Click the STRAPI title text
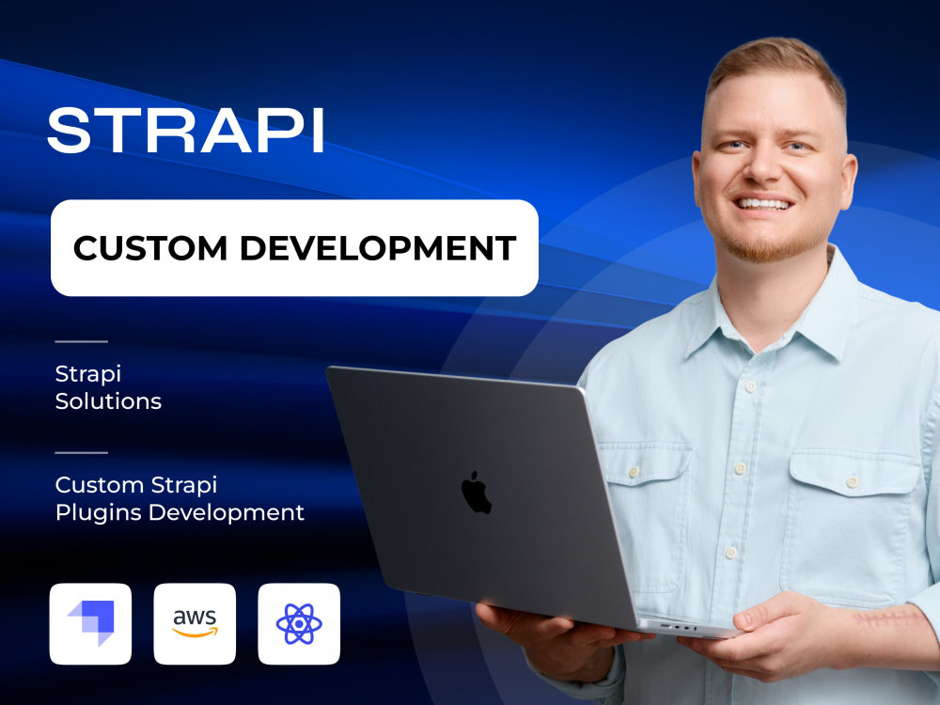(x=186, y=131)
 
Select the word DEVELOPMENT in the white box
(x=378, y=248)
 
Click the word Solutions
(x=108, y=401)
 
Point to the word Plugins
(x=99, y=512)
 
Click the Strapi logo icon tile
(x=90, y=623)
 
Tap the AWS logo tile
(x=195, y=623)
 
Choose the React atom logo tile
(x=299, y=623)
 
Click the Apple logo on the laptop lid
(x=477, y=493)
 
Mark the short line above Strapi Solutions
(x=81, y=341)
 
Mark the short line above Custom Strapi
(x=81, y=452)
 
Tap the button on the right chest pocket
(x=851, y=481)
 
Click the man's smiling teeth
(x=763, y=203)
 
